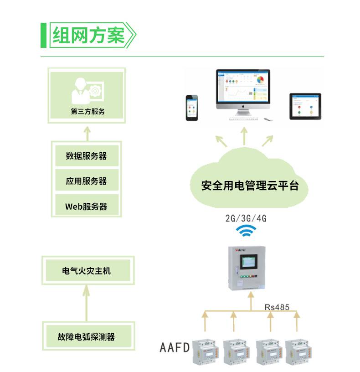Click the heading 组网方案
point(89,36)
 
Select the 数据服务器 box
point(87,156)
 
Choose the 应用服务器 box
point(87,181)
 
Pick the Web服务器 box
point(87,206)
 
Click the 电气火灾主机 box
point(87,271)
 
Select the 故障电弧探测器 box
point(87,337)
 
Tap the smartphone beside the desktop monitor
point(191,108)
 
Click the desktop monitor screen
point(243,87)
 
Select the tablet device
point(305,106)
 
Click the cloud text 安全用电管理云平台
point(250,186)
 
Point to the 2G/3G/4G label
point(246,218)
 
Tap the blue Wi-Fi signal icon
point(246,231)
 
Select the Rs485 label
point(277,307)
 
